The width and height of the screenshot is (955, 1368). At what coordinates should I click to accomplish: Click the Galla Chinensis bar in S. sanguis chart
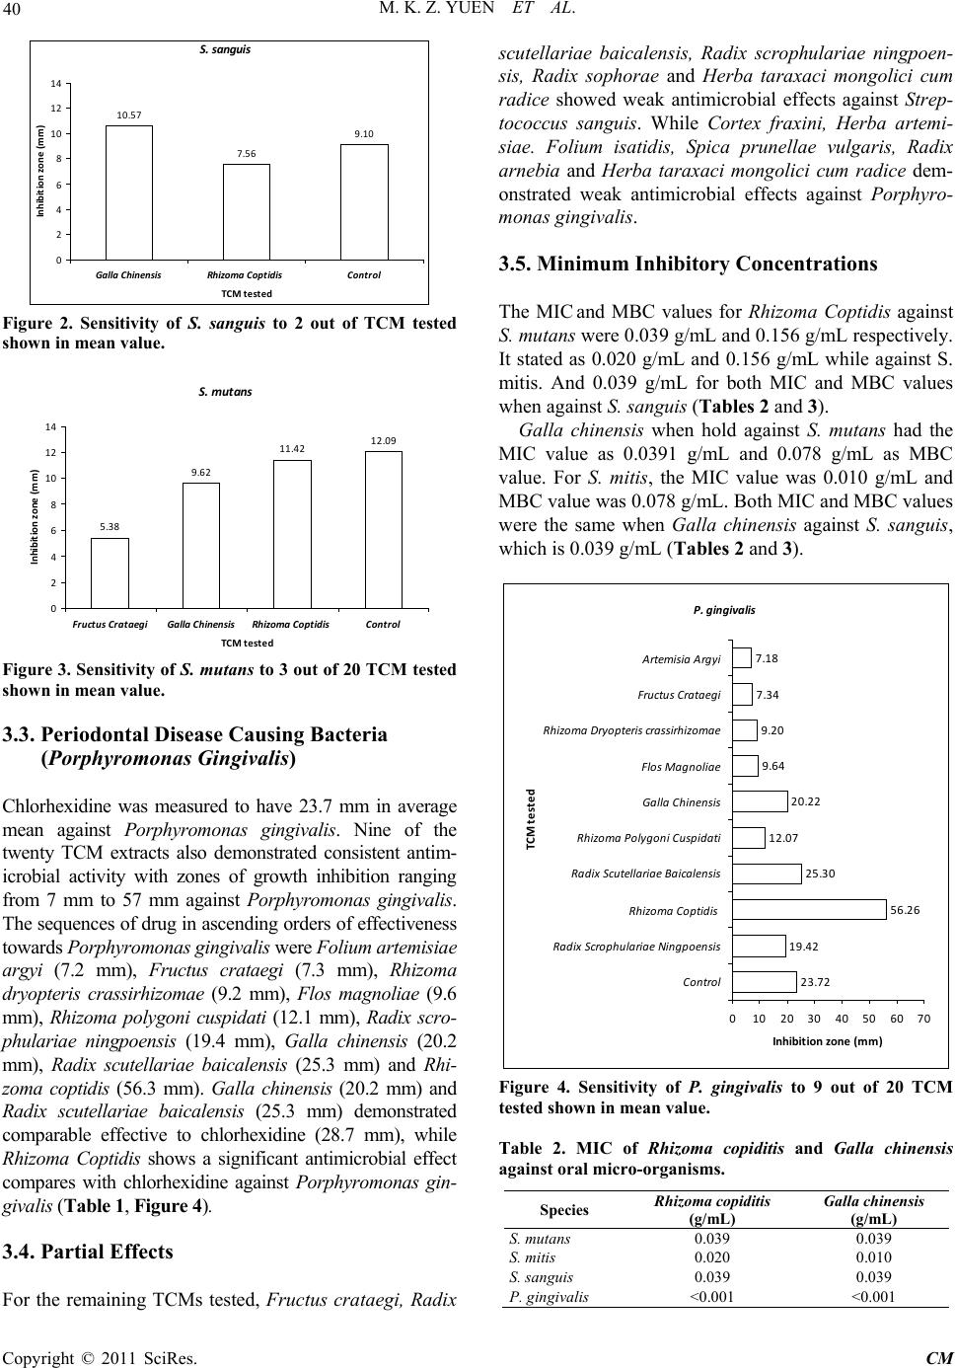click(129, 192)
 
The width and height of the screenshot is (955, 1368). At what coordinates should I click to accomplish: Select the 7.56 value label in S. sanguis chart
click(246, 153)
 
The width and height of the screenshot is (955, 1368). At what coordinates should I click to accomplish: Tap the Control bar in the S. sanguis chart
click(363, 202)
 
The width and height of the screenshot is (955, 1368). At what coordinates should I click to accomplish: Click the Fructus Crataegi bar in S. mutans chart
click(110, 572)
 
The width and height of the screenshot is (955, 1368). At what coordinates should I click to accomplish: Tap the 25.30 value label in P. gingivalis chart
click(821, 874)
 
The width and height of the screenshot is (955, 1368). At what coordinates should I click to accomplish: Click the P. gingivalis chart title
click(724, 610)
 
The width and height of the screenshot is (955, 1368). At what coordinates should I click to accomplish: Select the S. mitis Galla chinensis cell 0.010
click(873, 1257)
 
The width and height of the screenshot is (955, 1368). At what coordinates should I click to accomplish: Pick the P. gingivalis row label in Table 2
click(549, 1297)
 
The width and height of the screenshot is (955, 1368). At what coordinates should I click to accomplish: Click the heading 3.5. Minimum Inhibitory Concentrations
click(688, 264)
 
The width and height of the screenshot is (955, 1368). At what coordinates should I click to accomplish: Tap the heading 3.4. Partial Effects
click(88, 1252)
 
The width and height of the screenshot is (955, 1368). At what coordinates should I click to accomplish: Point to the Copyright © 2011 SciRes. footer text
click(99, 1358)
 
